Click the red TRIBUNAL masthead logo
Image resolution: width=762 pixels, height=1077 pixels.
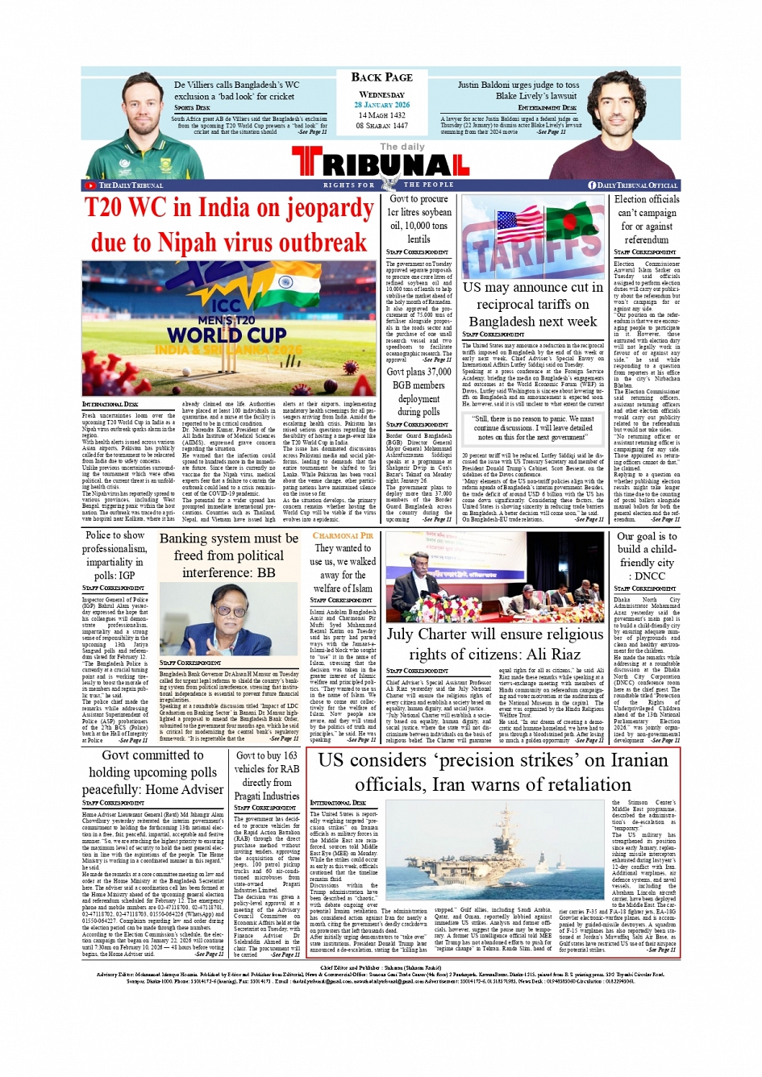coord(381,164)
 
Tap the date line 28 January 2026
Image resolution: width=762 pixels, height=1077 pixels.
coord(381,105)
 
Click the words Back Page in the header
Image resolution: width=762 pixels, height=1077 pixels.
coord(381,77)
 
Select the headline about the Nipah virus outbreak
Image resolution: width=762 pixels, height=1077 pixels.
coord(228,225)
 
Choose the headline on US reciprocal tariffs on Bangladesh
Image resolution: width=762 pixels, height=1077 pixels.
coord(532,304)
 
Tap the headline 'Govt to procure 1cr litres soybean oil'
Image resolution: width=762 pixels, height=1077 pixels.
coord(418,218)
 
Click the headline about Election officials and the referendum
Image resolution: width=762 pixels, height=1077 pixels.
coord(646,219)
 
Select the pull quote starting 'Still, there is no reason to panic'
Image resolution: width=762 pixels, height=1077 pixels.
coord(533,428)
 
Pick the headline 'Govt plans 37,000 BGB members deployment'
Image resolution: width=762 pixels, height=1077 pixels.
coord(418,391)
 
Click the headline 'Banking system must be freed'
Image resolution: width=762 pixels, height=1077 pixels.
coord(228,555)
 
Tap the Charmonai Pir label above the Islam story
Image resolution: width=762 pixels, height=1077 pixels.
coord(343,535)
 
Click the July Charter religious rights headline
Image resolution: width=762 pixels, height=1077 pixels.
coord(494,644)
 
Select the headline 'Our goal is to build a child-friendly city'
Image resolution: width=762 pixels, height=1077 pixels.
coord(646,555)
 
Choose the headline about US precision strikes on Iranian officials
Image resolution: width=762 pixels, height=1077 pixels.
coord(493,771)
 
